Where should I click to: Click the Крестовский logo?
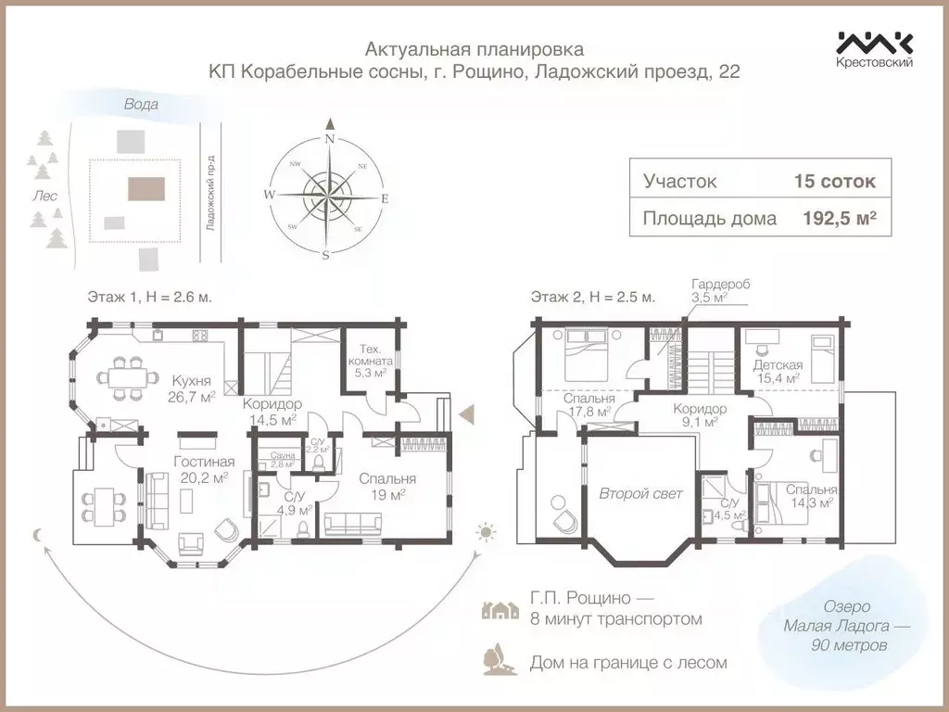click(875, 48)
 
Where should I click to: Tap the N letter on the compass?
click(328, 138)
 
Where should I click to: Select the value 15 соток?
click(834, 181)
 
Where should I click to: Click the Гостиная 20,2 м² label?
click(204, 470)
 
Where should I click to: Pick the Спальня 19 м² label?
click(388, 488)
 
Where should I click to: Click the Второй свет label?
click(640, 493)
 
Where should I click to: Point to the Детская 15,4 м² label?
click(778, 372)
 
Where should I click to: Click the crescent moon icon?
click(38, 534)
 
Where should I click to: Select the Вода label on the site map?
click(141, 105)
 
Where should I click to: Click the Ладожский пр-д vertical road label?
click(210, 193)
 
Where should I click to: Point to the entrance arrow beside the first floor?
click(468, 413)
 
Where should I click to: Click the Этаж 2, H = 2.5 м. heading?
click(592, 298)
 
